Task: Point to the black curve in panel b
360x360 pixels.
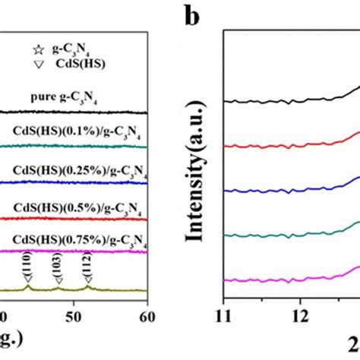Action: click(x=289, y=99)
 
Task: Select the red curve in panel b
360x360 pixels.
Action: click(x=289, y=144)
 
